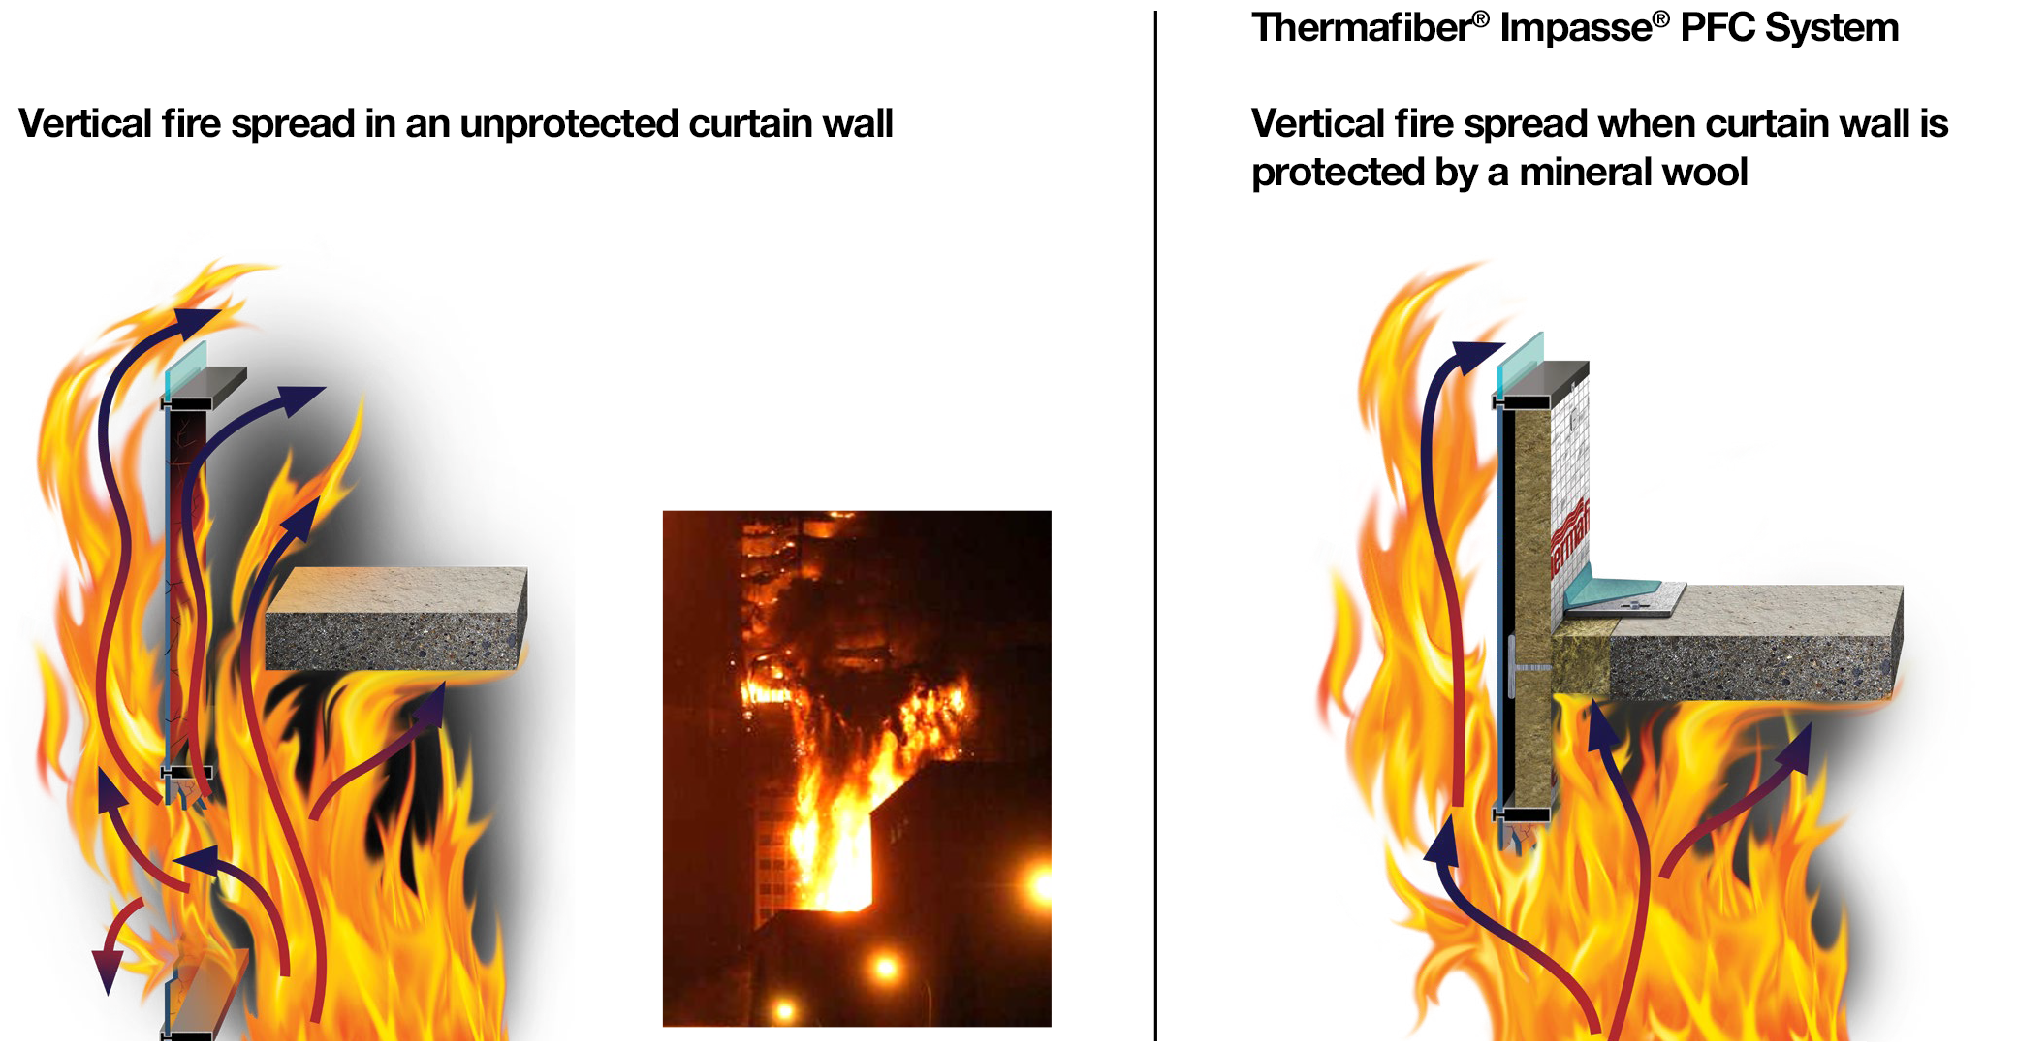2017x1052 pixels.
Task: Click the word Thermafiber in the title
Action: (x=1361, y=28)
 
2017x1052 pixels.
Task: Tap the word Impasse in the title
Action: (x=1576, y=28)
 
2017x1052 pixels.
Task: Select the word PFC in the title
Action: (x=1717, y=28)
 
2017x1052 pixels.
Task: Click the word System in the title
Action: (x=1832, y=28)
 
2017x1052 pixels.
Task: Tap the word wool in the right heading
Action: (x=1705, y=173)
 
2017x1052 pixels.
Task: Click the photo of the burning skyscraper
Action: (x=856, y=768)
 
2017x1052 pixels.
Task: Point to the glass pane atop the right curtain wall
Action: (x=1520, y=363)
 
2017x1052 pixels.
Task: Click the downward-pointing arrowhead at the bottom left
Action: (x=107, y=970)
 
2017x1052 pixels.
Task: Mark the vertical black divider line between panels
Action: (x=1155, y=524)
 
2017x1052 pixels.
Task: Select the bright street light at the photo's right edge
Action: (x=1041, y=885)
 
